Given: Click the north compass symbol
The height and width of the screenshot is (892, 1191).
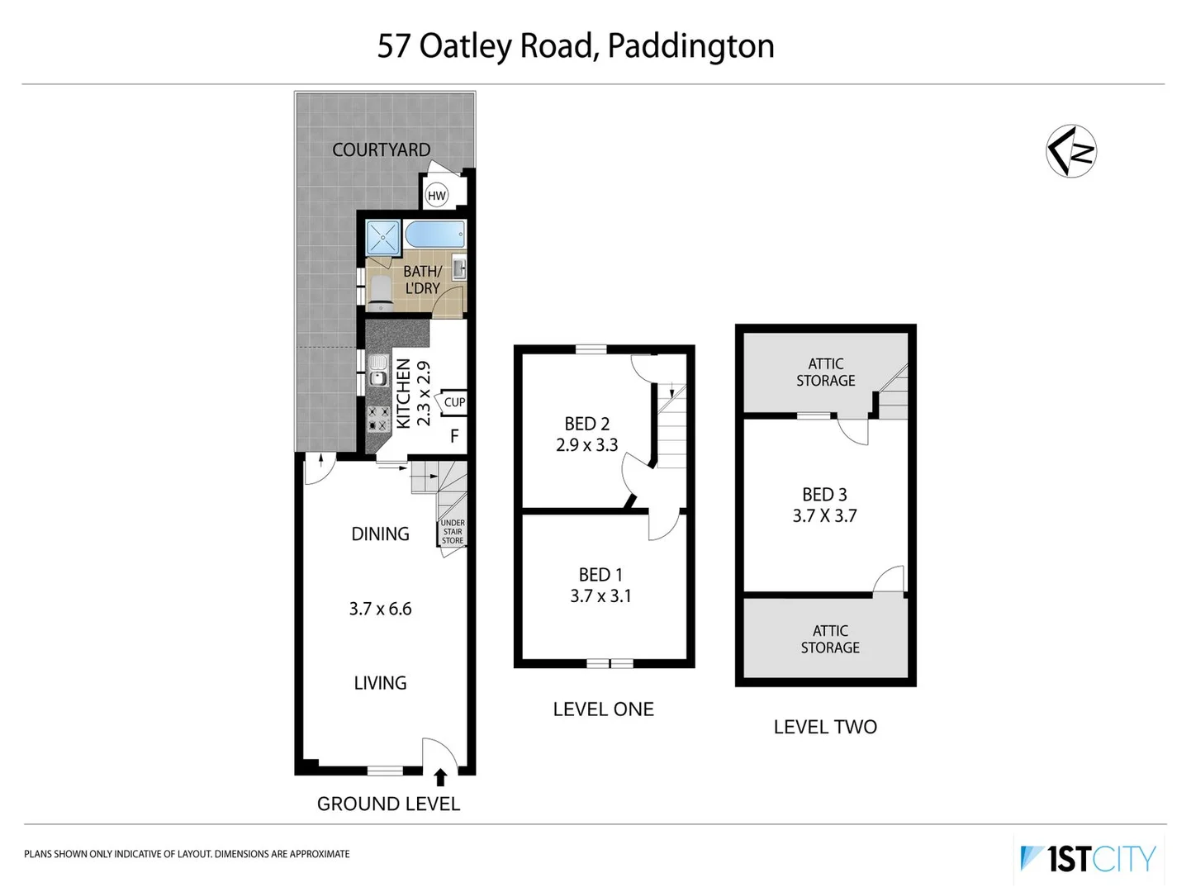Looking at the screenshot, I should click(1070, 151).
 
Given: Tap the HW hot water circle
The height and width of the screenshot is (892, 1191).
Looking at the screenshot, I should click(436, 196).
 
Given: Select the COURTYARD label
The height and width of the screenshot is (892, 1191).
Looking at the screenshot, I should click(381, 149).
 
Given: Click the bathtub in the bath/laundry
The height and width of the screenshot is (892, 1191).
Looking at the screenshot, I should click(435, 235).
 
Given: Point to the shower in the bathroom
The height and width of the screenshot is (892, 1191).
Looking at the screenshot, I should click(383, 237).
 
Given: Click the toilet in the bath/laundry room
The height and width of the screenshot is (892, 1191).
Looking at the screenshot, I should click(380, 290).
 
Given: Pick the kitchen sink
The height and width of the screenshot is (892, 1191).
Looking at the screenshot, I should click(378, 371).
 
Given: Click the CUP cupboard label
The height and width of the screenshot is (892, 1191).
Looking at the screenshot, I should click(454, 402).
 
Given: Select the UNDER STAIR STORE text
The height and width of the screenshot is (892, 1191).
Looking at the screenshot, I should click(452, 532).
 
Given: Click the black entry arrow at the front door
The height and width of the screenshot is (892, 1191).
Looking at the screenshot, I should click(440, 777).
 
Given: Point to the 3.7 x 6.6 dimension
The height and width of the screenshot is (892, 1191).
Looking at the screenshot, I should click(380, 609).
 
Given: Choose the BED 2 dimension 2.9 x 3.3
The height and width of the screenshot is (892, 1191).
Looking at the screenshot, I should click(586, 445).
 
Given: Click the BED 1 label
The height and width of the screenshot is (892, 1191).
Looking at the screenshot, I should click(600, 574).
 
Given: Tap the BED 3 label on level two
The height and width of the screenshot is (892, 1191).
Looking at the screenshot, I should click(824, 494).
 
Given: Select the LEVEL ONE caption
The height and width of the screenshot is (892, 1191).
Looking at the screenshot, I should click(603, 709).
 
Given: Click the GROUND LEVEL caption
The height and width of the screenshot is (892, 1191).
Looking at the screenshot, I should click(388, 804).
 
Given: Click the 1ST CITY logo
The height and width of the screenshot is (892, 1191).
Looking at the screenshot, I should click(1089, 859).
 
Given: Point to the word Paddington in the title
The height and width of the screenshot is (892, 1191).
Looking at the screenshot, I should click(690, 46).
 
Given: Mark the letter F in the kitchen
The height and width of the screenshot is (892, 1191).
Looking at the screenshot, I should click(454, 436).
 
